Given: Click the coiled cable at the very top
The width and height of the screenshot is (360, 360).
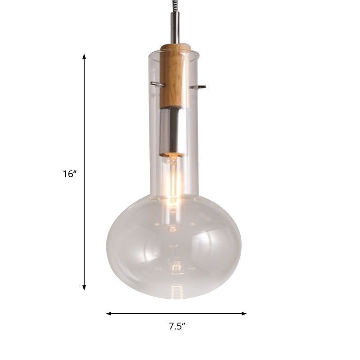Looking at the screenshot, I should pyautogui.click(x=173, y=7).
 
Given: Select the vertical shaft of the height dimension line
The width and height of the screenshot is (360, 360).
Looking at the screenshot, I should pyautogui.click(x=84, y=135).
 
